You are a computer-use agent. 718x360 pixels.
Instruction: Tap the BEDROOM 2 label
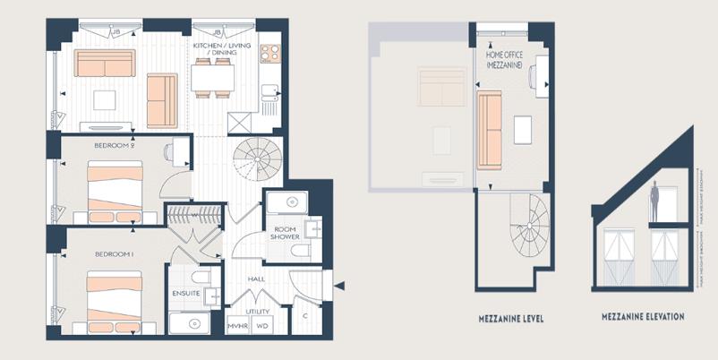point(114,143)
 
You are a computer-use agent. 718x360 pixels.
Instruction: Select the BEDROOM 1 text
point(114,254)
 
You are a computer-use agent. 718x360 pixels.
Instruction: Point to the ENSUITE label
point(185,294)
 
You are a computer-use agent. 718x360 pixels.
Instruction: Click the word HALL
point(257,279)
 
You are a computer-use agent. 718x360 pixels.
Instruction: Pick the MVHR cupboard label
point(239,326)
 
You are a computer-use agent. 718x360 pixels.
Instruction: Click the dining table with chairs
point(212,79)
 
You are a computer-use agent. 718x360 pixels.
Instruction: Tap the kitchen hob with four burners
point(269,52)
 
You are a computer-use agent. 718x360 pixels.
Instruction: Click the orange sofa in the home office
point(489,130)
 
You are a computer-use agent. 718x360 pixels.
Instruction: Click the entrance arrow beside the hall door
point(338,287)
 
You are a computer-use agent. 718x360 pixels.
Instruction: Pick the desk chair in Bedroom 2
point(168,151)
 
